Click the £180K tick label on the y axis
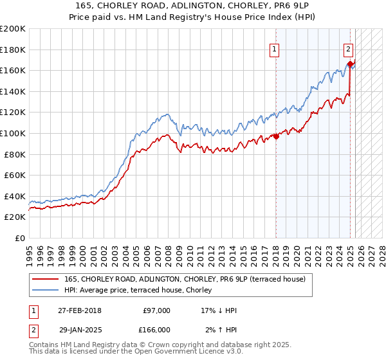pyautogui.click(x=13, y=50)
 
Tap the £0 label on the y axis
pyautogui.click(x=21, y=238)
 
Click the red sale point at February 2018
pyautogui.click(x=276, y=136)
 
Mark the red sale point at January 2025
pyautogui.click(x=350, y=64)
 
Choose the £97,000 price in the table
pyautogui.click(x=156, y=310)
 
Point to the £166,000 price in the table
pyautogui.click(x=156, y=329)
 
